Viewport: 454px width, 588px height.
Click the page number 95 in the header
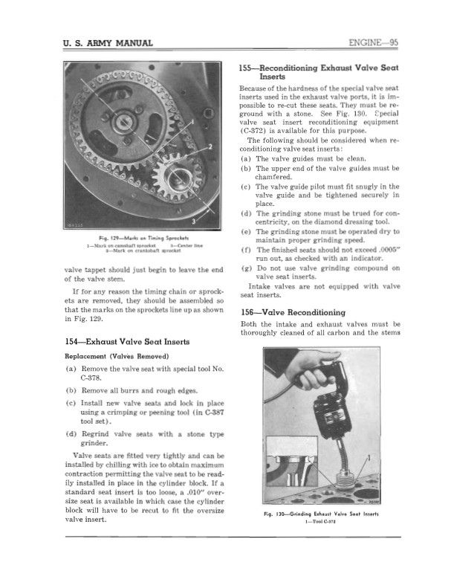[x=392, y=42]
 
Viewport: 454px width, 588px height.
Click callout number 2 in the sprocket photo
[x=210, y=145]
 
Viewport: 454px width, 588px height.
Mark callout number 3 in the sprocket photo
[x=195, y=221]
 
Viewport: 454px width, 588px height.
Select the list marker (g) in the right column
[x=247, y=268]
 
